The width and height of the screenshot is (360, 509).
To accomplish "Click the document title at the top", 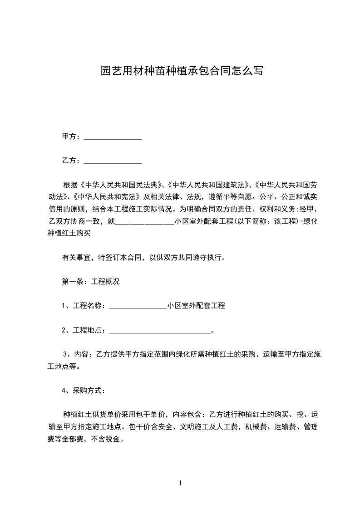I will [x=182, y=71].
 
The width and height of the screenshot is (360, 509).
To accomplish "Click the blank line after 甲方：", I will [x=113, y=137].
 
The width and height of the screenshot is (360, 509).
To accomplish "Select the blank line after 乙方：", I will [x=113, y=161].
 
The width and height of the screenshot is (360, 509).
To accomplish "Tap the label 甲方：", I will [x=72, y=137].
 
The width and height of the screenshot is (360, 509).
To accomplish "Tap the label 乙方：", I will [x=72, y=161].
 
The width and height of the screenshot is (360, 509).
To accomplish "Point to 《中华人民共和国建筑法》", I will [x=208, y=185].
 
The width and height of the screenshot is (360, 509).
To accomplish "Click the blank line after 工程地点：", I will [x=160, y=331].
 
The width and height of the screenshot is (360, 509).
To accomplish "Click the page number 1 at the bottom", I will [x=180, y=483].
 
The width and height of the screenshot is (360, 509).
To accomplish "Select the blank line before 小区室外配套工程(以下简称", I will [x=145, y=223].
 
